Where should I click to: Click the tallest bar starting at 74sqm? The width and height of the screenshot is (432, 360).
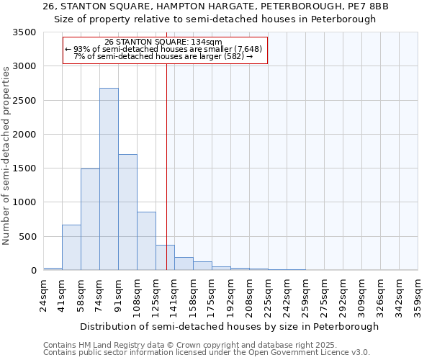tap(109, 179)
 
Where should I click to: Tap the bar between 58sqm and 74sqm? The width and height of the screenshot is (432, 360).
tap(90, 220)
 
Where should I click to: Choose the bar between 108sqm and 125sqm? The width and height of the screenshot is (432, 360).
tap(146, 241)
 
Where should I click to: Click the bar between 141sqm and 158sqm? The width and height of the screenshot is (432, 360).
tap(184, 264)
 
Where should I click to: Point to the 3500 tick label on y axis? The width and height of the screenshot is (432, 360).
tap(24, 32)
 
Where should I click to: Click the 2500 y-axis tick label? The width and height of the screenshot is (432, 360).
tap(24, 101)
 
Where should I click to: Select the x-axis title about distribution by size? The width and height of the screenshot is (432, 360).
tap(229, 326)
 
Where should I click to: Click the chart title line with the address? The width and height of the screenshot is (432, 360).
tap(215, 6)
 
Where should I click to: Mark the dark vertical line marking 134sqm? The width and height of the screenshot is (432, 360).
tap(166, 166)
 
